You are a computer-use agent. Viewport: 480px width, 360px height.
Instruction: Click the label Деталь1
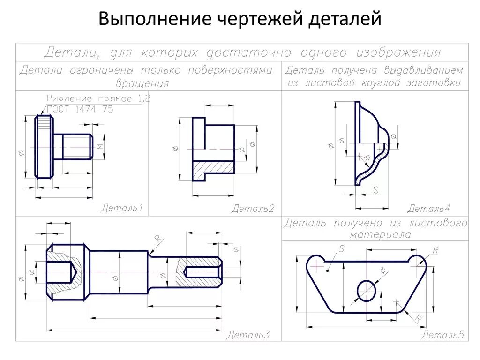(x=121, y=208)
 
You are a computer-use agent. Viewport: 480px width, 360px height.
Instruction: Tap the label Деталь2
(x=253, y=209)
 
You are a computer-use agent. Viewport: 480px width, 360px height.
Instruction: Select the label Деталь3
(x=248, y=335)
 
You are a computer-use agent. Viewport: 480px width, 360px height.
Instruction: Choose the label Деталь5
(x=442, y=335)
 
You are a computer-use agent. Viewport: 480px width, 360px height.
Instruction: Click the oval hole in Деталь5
(x=367, y=291)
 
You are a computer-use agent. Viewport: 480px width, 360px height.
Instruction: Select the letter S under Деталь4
(x=375, y=189)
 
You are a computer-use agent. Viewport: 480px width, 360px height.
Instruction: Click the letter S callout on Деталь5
(x=341, y=250)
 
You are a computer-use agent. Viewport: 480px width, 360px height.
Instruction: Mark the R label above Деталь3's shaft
(x=157, y=240)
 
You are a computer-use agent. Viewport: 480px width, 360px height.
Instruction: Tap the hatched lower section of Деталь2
(x=213, y=167)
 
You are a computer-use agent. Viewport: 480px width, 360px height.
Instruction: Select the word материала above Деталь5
(x=375, y=234)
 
